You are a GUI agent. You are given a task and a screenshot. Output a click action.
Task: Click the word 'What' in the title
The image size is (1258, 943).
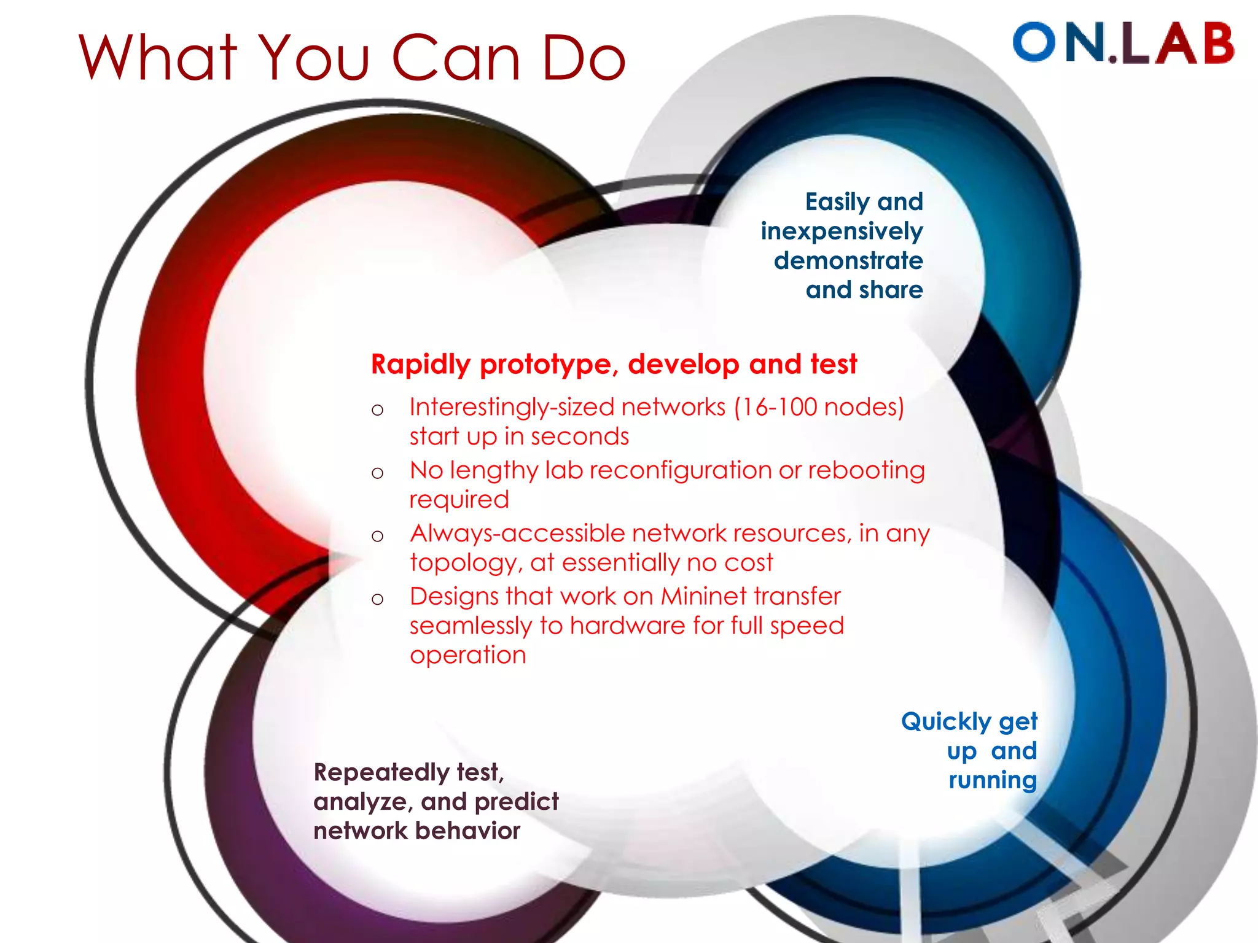[158, 58]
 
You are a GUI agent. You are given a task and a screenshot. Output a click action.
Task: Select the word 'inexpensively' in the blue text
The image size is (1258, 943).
[842, 231]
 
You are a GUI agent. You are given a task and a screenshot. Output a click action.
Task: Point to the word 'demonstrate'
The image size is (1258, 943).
[848, 261]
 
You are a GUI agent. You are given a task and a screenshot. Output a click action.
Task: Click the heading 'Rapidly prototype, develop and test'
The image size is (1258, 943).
[614, 364]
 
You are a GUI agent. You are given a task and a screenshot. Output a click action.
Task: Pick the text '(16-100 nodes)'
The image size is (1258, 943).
[819, 407]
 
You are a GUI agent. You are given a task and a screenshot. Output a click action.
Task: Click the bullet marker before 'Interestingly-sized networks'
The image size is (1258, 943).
[377, 409]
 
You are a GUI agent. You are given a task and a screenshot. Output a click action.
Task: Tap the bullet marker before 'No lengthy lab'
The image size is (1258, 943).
[377, 473]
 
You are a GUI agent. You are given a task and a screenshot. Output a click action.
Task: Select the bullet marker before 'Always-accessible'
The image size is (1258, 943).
[377, 536]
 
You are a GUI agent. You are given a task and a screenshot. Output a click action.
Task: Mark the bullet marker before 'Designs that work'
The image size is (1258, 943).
[377, 599]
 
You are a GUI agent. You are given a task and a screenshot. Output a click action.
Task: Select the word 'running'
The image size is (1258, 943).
[992, 781]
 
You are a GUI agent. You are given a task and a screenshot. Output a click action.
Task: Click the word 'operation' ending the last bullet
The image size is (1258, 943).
[467, 656]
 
